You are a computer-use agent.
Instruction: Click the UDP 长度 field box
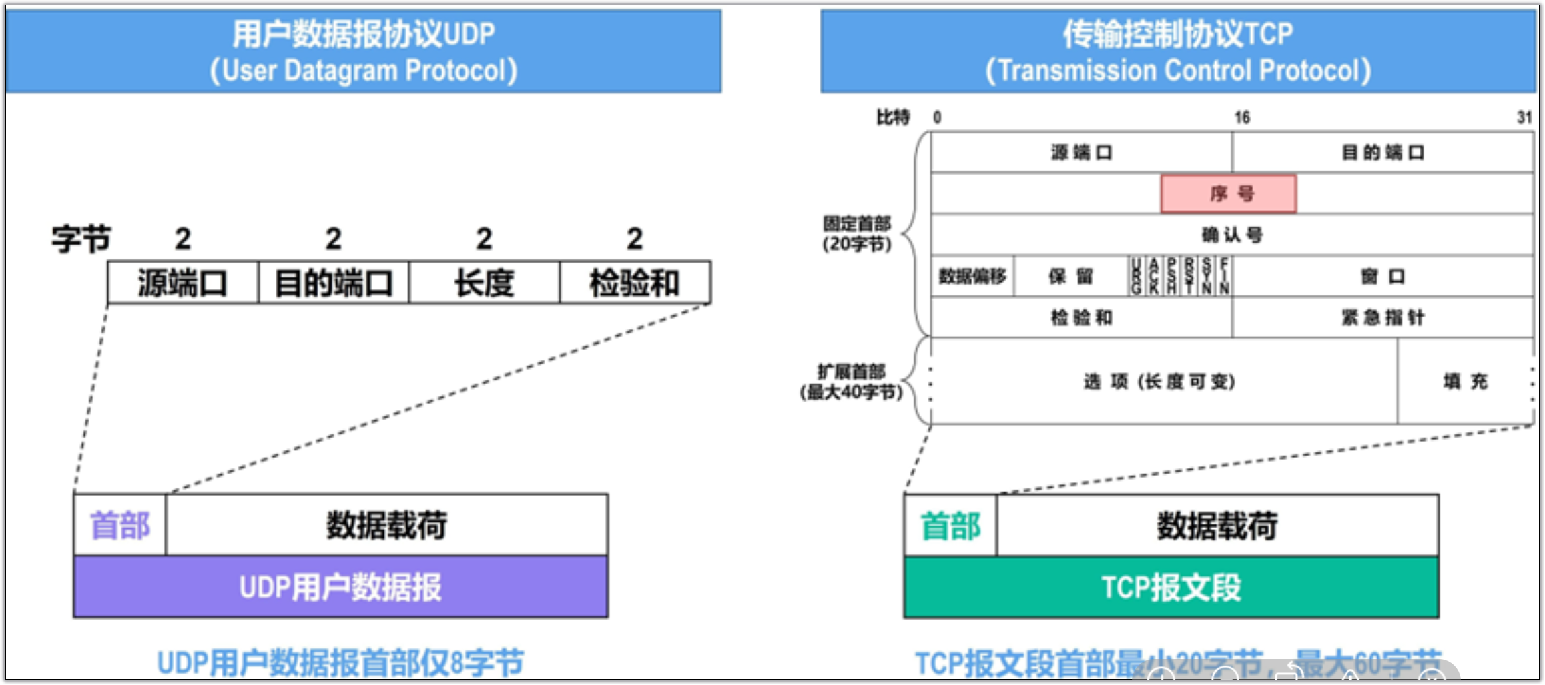coord(484,283)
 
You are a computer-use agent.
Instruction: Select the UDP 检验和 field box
coord(635,283)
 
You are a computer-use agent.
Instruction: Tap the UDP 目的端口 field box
coord(334,283)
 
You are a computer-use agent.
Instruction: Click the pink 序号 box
coord(1229,194)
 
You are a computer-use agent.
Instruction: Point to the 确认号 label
coord(1232,235)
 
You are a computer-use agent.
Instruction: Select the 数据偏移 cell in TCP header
coord(972,276)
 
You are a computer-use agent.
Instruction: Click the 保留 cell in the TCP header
coord(1070,276)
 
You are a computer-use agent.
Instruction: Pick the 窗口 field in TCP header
coord(1383,276)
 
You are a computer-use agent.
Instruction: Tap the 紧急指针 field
coord(1383,317)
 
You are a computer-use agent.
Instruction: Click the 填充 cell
coord(1465,382)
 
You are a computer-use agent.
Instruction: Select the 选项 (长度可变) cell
coord(1160,382)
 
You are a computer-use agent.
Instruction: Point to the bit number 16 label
coord(1241,118)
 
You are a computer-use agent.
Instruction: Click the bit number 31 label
coord(1524,118)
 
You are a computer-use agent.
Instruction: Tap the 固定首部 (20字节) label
coord(857,233)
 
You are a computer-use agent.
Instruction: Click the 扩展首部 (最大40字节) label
coord(852,382)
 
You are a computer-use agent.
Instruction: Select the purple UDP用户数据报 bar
coord(340,587)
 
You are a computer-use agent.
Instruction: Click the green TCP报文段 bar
coord(1171,588)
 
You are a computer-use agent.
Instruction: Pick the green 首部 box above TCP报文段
coord(950,526)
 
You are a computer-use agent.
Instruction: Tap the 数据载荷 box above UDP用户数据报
coord(387,525)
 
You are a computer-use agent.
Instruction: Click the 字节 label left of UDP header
coord(81,239)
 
